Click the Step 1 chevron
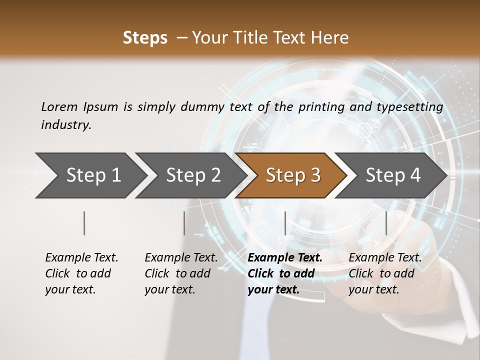coord(93,175)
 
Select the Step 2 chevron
coord(193,175)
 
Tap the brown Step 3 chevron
coord(293,175)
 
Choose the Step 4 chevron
coord(393,175)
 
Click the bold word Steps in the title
coord(145,38)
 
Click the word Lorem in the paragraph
coord(58,106)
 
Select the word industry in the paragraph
coord(65,125)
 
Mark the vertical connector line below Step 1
coord(84,223)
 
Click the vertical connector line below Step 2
coord(184,223)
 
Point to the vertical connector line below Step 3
coord(285,223)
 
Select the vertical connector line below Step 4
coord(386,223)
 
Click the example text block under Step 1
coord(81,273)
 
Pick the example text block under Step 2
coord(181,273)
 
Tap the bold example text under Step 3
coord(285,273)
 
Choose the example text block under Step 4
coord(385,273)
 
